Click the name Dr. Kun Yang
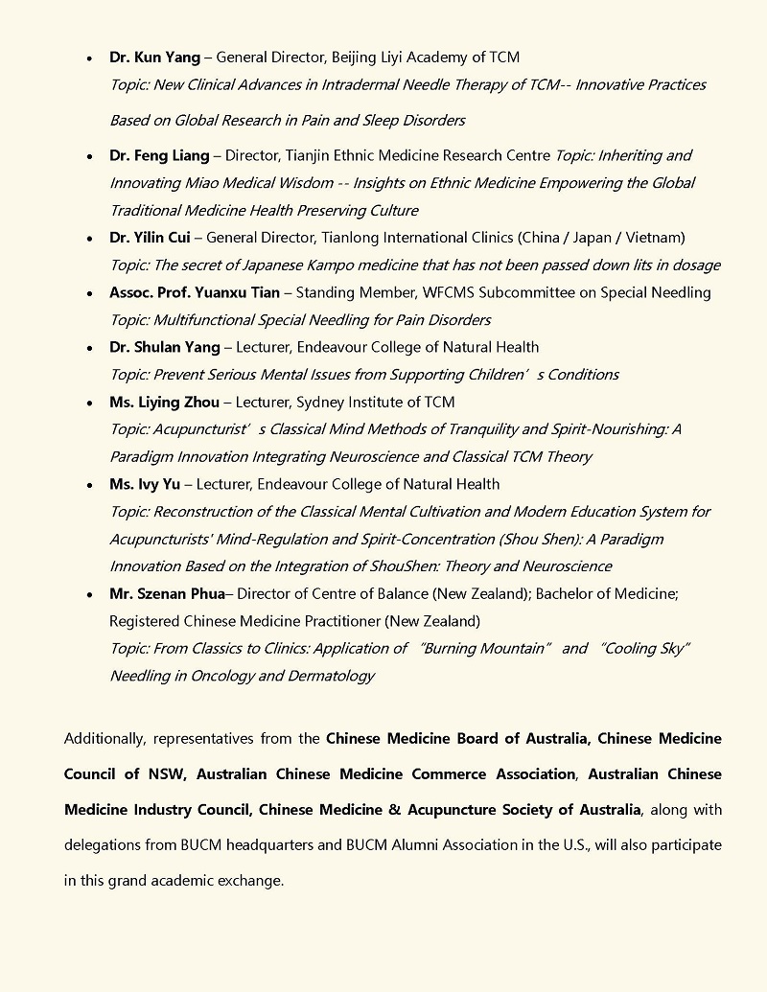[154, 58]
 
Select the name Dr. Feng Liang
[158, 155]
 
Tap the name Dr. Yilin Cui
[153, 237]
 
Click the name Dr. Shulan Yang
[164, 347]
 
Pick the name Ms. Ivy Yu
[146, 484]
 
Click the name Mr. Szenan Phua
[166, 593]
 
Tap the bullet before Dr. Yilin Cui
[89, 238]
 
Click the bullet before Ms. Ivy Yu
[89, 485]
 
